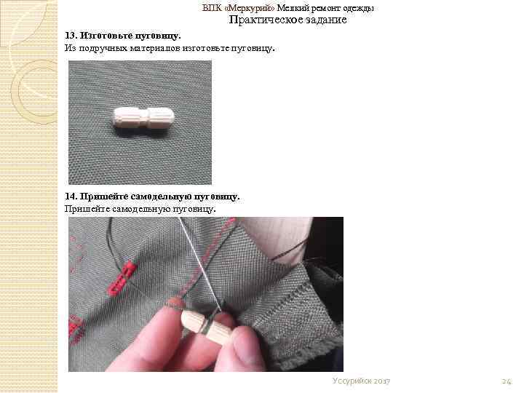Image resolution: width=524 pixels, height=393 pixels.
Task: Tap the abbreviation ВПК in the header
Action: pos(212,8)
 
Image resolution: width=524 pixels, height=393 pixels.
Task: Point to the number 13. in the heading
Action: pos(71,36)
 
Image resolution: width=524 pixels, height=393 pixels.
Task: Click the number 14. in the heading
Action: pos(71,196)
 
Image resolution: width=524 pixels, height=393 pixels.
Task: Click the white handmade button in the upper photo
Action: pos(143,117)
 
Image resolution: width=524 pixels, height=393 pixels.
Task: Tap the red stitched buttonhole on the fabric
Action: pos(122,279)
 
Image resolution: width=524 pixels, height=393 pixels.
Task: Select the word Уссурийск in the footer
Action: pos(352,381)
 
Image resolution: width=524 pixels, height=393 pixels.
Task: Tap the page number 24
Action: pos(507,381)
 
